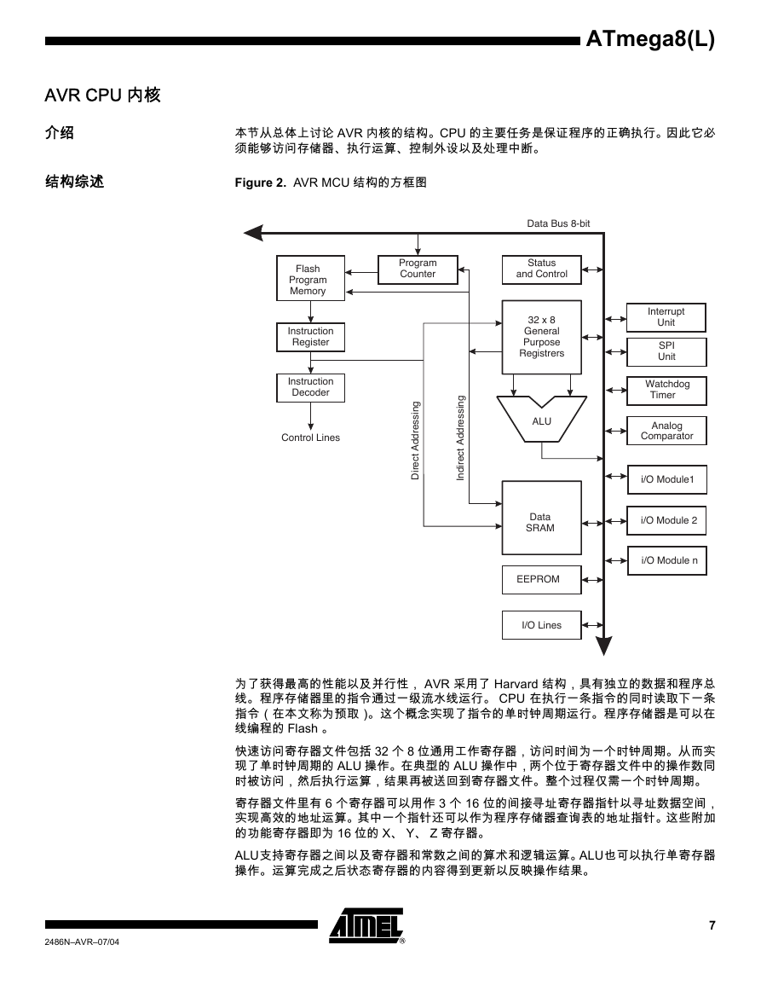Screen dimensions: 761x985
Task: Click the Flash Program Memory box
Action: point(310,278)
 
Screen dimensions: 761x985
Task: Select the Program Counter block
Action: point(418,269)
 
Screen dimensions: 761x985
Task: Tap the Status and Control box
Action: point(541,269)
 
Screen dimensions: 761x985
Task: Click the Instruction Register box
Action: point(310,338)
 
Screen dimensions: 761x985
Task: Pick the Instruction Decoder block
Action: point(310,387)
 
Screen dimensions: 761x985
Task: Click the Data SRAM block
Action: point(541,518)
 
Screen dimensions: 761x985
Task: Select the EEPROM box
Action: point(541,580)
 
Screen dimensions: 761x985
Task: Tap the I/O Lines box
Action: point(541,625)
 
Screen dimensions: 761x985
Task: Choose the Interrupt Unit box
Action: point(666,317)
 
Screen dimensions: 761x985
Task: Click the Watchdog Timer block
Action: point(666,391)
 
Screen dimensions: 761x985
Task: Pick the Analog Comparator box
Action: point(666,431)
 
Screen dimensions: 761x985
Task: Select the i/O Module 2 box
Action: point(666,521)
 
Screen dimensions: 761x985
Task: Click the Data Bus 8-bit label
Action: point(558,223)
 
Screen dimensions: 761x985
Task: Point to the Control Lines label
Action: point(310,437)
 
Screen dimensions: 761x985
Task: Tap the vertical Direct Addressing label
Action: point(415,440)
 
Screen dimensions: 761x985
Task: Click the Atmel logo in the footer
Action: point(367,926)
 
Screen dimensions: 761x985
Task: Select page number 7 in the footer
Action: point(712,925)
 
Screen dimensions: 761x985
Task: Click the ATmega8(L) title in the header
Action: point(650,39)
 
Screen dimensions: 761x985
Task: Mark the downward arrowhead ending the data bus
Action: point(603,646)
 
